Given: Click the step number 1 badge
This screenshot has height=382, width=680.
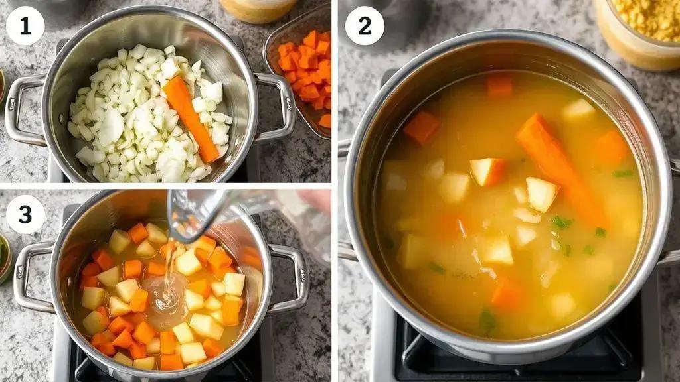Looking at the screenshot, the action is click(x=25, y=26).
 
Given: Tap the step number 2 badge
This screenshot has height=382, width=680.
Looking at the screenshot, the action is click(x=365, y=26).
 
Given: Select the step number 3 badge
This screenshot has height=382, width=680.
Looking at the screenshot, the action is click(x=25, y=214).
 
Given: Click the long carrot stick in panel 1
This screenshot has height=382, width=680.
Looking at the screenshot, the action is click(x=191, y=118).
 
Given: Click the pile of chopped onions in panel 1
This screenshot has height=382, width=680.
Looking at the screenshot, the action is click(x=147, y=115).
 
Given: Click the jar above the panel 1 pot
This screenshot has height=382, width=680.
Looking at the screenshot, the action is click(x=258, y=9).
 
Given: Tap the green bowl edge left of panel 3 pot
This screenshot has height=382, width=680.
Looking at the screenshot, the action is click(x=5, y=259).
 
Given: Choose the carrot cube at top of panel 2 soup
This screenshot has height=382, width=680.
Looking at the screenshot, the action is click(x=499, y=87).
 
